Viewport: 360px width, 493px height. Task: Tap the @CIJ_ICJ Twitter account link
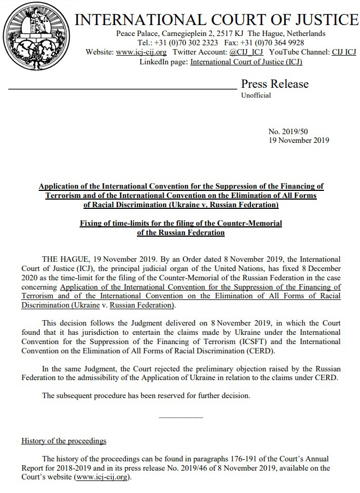(246, 52)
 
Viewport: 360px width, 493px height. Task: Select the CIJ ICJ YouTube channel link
(344, 52)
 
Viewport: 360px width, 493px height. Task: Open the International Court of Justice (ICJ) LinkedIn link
(246, 62)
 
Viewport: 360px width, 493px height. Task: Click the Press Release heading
(275, 84)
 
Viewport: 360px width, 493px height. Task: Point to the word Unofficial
(256, 95)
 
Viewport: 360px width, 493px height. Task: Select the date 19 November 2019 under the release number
(299, 140)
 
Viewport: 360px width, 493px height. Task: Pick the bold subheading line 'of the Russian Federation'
(181, 232)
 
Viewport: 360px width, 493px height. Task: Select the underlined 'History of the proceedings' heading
(64, 441)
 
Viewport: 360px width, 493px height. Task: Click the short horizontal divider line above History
(181, 418)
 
